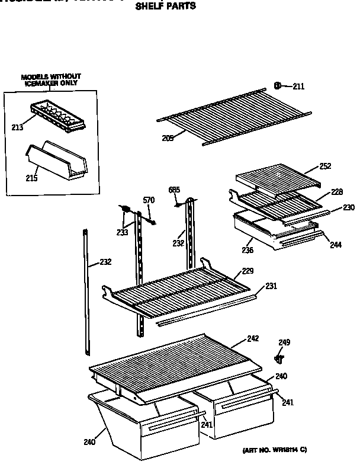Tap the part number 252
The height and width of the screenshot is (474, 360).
click(x=324, y=166)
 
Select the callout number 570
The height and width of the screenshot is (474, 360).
click(x=149, y=201)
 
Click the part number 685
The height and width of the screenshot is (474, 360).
click(x=173, y=190)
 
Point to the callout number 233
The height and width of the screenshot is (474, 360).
click(x=122, y=233)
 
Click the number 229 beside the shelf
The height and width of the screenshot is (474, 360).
click(x=248, y=272)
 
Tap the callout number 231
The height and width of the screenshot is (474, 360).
click(x=271, y=286)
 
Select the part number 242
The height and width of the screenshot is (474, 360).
click(x=253, y=339)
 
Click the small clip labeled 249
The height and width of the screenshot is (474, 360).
click(x=278, y=358)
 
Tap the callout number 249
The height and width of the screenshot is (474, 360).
click(x=284, y=342)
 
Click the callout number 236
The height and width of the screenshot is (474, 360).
click(x=248, y=250)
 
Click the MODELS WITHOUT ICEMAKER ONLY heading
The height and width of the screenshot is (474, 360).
click(x=51, y=80)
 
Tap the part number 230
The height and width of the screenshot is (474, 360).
click(x=349, y=207)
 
